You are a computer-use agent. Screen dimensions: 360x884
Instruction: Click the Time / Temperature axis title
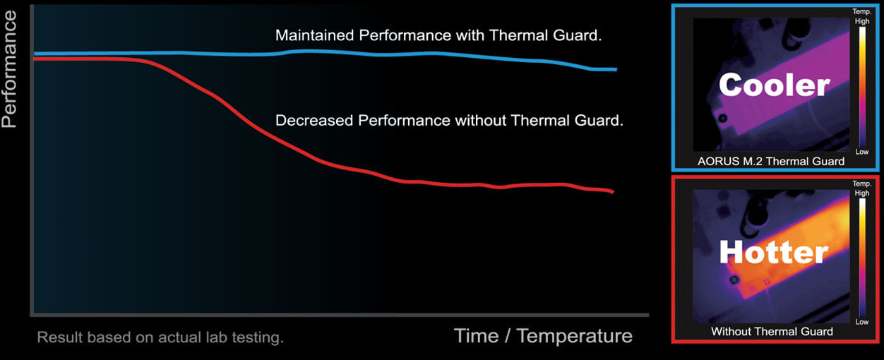(542, 335)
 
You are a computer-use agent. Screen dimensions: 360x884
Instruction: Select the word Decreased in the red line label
(313, 121)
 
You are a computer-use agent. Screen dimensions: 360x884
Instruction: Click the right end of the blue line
(615, 69)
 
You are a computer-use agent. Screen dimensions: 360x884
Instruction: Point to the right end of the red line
(611, 191)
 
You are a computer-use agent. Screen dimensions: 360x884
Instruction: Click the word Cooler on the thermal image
(774, 85)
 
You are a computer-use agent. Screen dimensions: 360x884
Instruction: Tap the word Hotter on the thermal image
(773, 252)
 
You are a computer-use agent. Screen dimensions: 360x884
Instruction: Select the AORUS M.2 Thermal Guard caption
(770, 161)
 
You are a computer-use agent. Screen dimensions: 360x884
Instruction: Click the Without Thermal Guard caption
(772, 331)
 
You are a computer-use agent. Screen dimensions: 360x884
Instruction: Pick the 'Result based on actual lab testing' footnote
(160, 337)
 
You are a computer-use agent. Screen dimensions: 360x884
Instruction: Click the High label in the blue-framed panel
(861, 22)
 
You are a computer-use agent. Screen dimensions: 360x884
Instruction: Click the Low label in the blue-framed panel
(861, 152)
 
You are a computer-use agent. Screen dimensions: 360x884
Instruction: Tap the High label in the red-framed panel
(861, 193)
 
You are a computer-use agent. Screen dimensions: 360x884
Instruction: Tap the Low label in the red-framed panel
(861, 322)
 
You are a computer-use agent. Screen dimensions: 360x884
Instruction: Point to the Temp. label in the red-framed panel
(861, 184)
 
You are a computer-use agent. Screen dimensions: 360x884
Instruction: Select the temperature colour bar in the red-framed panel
(861, 257)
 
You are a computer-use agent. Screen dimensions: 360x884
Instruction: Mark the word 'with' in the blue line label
(467, 35)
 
